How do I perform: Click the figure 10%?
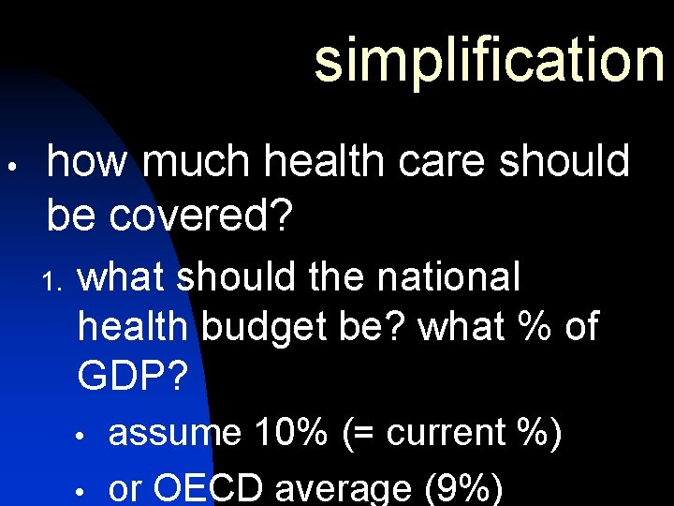coord(290,434)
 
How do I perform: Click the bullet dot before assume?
coord(82,438)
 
